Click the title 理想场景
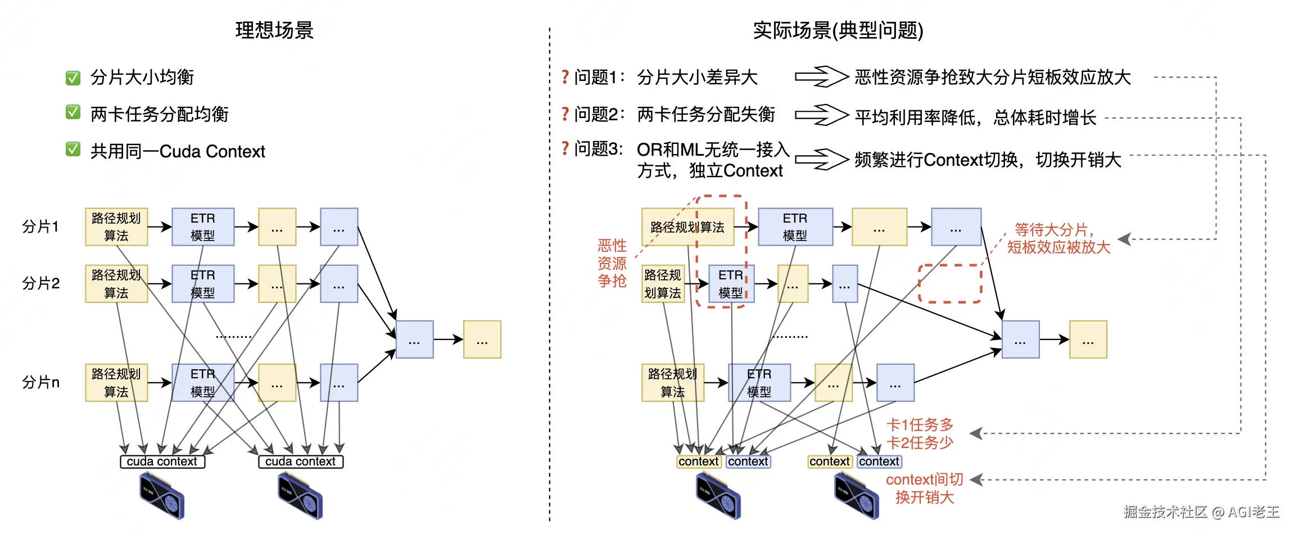274,30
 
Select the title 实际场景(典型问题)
838,30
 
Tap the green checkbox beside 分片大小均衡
73,78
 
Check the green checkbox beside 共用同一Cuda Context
73,150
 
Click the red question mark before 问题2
565,114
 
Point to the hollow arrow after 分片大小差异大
821,76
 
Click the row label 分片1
40,227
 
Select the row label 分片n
40,382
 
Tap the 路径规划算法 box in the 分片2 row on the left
116,284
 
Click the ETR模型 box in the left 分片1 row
203,227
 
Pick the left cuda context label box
162,461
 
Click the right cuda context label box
301,461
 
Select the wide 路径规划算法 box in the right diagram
687,227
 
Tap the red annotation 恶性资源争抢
612,263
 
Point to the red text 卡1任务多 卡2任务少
920,433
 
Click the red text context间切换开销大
925,488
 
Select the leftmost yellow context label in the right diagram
699,461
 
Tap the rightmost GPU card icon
856,495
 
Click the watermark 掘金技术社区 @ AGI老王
1201,512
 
